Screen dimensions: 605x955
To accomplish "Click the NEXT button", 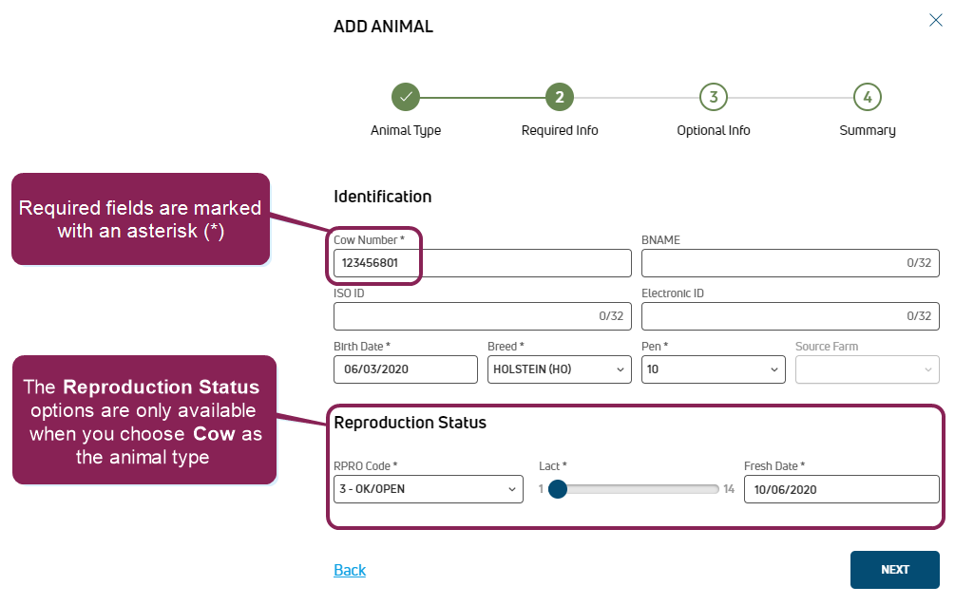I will (x=894, y=570).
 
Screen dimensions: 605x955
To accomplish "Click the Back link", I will (x=350, y=570).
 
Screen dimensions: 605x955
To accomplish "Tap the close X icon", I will (x=935, y=20).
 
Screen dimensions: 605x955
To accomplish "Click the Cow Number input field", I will (x=482, y=263).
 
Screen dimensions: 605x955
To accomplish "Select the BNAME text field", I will (x=790, y=263).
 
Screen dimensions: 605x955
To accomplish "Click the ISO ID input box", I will (x=482, y=316).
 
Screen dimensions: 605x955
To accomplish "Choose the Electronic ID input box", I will (x=790, y=316).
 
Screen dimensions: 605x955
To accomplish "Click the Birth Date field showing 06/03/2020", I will (x=405, y=369).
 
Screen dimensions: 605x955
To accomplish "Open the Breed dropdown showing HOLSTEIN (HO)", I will (x=559, y=369).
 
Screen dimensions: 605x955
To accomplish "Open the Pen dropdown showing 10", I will (x=713, y=369).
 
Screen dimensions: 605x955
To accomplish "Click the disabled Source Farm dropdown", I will (x=867, y=369).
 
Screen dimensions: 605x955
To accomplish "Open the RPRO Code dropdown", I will (x=428, y=489).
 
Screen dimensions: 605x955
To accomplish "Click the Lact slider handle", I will (x=558, y=489).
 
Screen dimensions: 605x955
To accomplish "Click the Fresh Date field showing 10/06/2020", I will (x=841, y=489).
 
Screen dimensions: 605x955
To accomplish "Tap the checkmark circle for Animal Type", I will (x=406, y=97).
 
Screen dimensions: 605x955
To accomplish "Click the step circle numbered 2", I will (x=560, y=97).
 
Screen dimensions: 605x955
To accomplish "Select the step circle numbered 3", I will (x=713, y=97).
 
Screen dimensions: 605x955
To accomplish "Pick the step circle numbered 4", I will (x=867, y=97).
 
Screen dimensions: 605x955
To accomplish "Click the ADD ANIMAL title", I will (x=383, y=27).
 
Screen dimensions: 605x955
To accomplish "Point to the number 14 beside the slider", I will (x=729, y=489).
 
